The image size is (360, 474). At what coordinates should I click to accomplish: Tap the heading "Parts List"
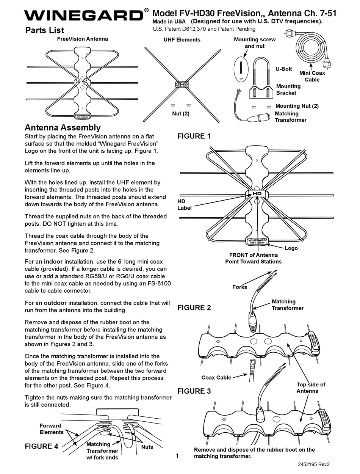pos(45,30)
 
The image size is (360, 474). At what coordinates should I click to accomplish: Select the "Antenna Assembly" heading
pos(63,128)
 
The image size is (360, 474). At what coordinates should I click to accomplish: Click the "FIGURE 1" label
pos(194,136)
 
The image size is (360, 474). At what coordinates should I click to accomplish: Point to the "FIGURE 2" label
pos(194,308)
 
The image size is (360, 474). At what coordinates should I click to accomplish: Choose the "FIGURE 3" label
pos(194,391)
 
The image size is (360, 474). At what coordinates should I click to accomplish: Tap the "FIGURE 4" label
pos(41,446)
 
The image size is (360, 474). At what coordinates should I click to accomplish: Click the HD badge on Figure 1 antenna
pos(257,194)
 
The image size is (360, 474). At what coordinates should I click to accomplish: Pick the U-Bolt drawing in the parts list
pos(261,71)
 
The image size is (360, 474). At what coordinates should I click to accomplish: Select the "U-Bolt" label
pos(284,69)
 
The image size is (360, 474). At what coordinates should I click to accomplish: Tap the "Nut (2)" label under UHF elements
pos(181,114)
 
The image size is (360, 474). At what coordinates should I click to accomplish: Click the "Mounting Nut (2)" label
pos(297,106)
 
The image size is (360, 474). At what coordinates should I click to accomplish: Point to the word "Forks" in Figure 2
pos(239,287)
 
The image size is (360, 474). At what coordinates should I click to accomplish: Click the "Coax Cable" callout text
pos(216,377)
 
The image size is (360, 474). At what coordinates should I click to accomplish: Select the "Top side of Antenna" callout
pos(311,388)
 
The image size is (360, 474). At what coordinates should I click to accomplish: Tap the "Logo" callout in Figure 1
pos(291,248)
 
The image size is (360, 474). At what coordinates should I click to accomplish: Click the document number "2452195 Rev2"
pos(314,464)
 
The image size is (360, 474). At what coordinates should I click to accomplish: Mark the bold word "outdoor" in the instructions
pos(55,303)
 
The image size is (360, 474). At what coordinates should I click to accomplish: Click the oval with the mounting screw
pos(241,69)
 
